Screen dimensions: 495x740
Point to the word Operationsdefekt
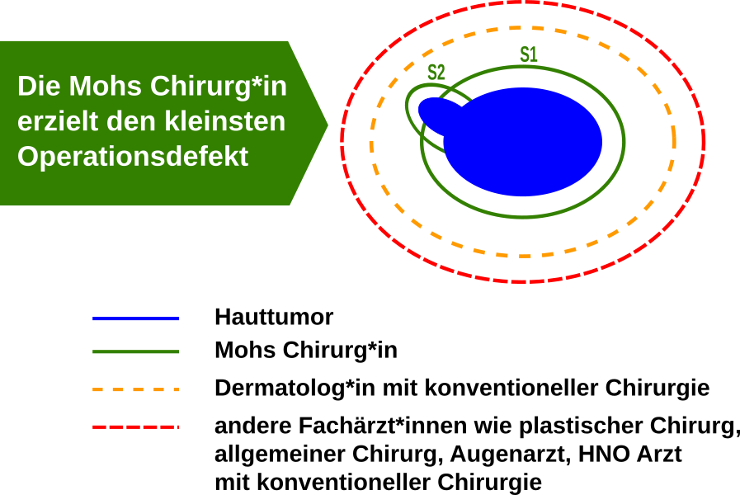pyautogui.click(x=132, y=156)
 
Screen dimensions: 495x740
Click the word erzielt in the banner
pyautogui.click(x=54, y=121)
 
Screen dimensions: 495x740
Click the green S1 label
pyautogui.click(x=529, y=54)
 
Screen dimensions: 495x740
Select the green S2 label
pyautogui.click(x=436, y=73)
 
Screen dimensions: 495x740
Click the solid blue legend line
pyautogui.click(x=135, y=318)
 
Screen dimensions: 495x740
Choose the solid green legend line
pyautogui.click(x=135, y=352)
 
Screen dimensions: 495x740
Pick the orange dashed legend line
pyautogui.click(x=135, y=389)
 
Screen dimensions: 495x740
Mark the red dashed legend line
pyautogui.click(x=135, y=427)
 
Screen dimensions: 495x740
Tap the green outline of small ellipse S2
pyautogui.click(x=407, y=107)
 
